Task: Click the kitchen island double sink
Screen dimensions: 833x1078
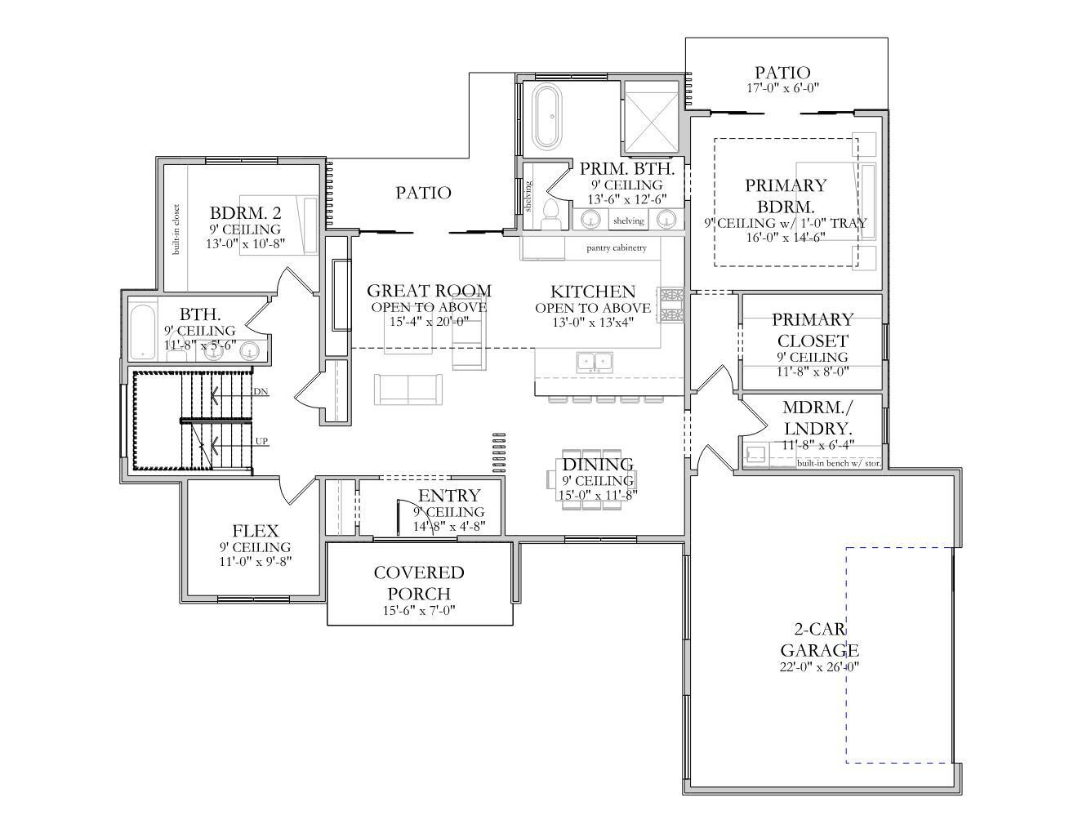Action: click(x=595, y=361)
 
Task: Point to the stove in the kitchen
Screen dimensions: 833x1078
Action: click(x=671, y=303)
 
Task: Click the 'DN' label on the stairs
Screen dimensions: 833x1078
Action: click(x=260, y=392)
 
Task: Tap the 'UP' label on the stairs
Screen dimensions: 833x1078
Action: click(x=261, y=442)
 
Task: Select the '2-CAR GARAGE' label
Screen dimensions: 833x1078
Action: click(x=819, y=640)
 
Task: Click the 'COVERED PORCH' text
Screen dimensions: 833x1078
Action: click(x=419, y=583)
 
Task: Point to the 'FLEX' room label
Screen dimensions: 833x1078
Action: click(x=255, y=531)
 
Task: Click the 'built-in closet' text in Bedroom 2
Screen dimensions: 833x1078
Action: click(x=176, y=229)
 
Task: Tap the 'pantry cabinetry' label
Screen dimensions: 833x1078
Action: click(x=617, y=247)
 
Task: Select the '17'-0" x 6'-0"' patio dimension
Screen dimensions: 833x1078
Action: click(x=782, y=88)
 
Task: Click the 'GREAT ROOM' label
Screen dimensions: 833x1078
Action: click(x=429, y=291)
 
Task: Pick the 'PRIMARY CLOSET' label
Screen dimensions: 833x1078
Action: click(x=812, y=330)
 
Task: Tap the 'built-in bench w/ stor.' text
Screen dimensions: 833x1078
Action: click(x=839, y=463)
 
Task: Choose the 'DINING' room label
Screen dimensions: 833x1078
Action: click(x=598, y=465)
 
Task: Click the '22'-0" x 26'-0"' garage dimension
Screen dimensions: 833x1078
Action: click(x=819, y=666)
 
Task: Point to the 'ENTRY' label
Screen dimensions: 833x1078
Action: click(x=449, y=496)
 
